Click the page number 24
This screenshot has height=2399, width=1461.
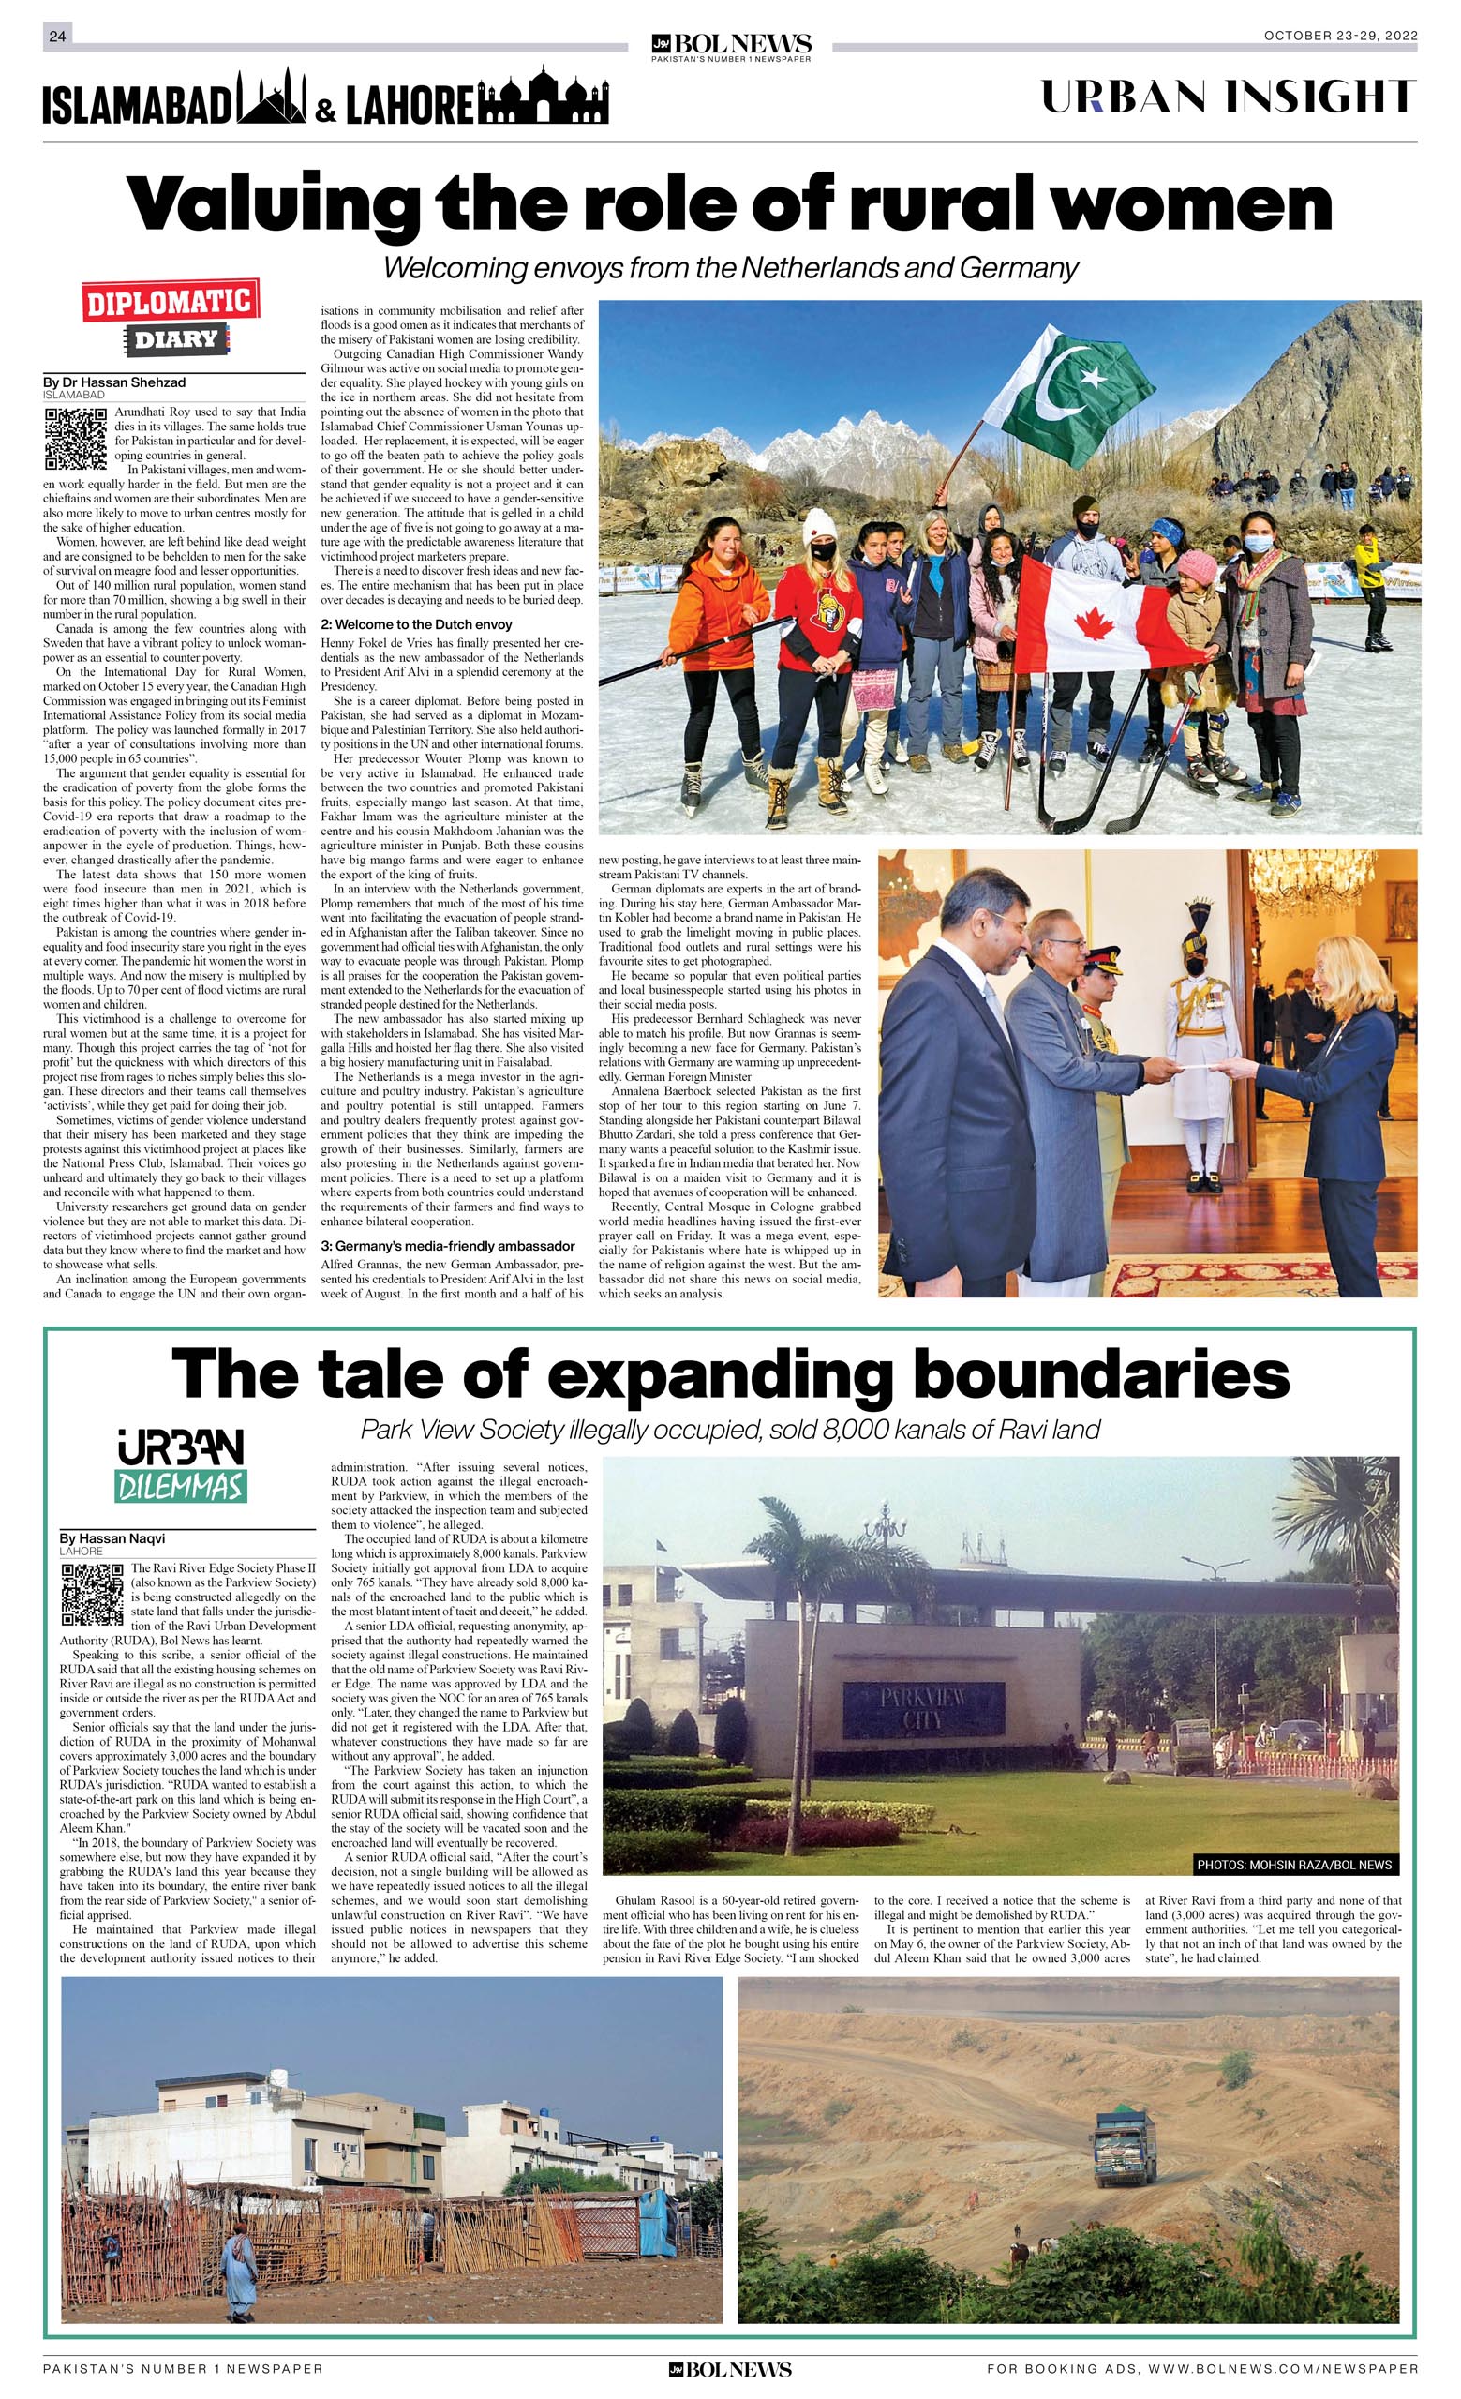pos(57,36)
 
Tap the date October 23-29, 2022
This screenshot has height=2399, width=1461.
pos(1340,36)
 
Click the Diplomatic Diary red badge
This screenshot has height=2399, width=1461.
pos(171,302)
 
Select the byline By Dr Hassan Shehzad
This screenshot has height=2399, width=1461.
pos(114,382)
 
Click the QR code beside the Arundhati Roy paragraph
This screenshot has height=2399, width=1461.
pos(75,438)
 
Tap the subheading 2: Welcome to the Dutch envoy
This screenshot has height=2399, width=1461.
pos(415,624)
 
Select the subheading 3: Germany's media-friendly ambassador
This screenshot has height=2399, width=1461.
pos(448,1245)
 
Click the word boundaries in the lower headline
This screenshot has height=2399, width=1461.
pos(1101,1374)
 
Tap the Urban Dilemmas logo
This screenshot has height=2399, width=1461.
pos(180,1465)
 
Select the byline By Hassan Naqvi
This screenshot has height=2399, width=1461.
pos(112,1538)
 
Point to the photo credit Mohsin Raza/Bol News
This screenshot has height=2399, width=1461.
pos(1293,1865)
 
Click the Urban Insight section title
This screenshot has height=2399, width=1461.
pos(1228,97)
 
